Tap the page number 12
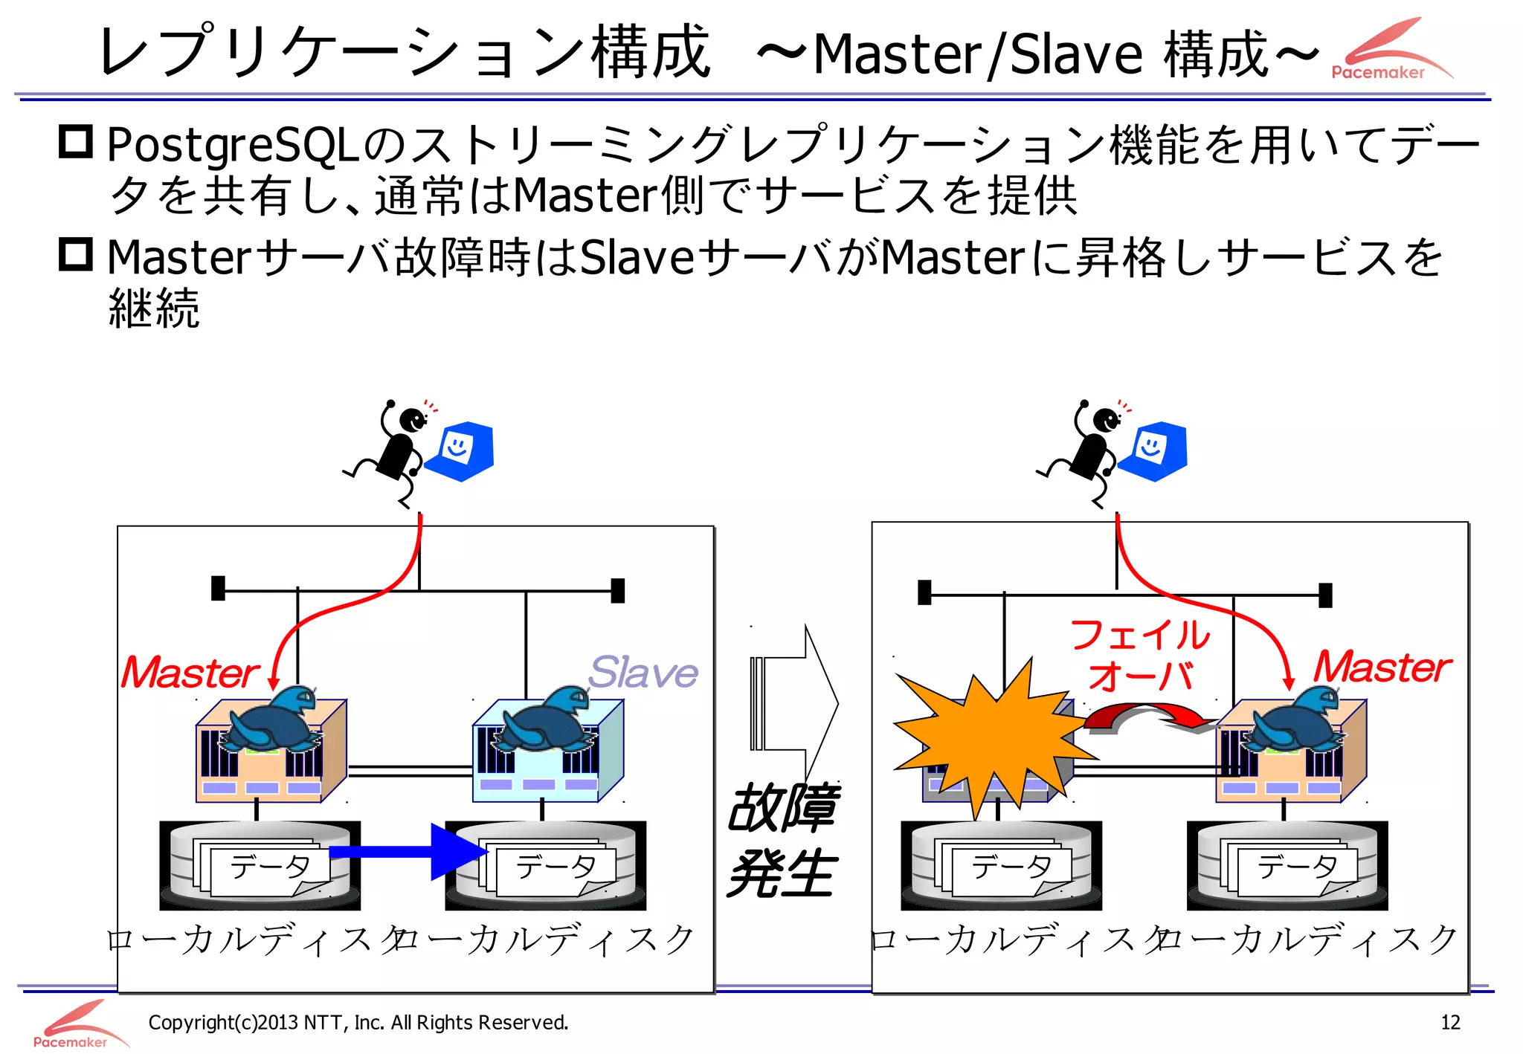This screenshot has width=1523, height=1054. pyautogui.click(x=1449, y=1023)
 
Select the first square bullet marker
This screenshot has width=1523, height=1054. pyautogui.click(x=76, y=141)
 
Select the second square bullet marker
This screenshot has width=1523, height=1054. pyautogui.click(x=76, y=254)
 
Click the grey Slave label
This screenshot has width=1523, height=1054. pyautogui.click(x=643, y=673)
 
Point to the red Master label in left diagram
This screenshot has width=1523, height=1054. pyautogui.click(x=190, y=673)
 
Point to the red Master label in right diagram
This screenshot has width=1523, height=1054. pyautogui.click(x=1382, y=667)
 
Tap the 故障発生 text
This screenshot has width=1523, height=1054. pyautogui.click(x=782, y=840)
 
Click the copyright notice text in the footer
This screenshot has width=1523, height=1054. pyautogui.click(x=358, y=1023)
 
